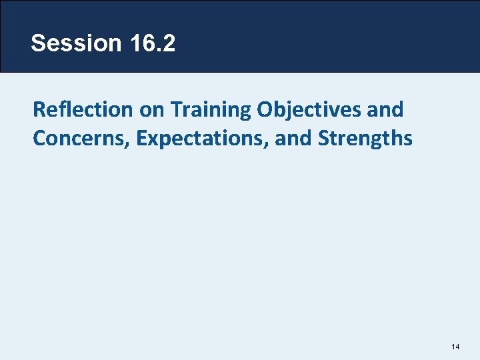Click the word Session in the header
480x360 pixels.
(75, 43)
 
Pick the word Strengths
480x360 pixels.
(365, 139)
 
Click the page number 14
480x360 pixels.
(456, 346)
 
